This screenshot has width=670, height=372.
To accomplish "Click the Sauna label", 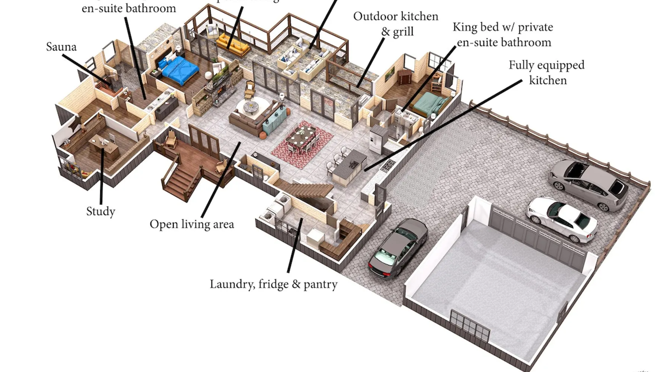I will point(61,47).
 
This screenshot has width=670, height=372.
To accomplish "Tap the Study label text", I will point(100,211).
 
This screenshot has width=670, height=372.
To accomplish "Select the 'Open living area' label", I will point(192,224).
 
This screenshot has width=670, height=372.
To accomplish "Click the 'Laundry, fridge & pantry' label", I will point(274,284).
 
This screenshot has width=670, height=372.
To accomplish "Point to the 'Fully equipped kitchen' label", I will point(546,73).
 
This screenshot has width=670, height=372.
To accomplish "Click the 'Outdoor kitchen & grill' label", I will point(396,24).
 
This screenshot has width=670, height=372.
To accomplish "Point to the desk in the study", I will point(104,145).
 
